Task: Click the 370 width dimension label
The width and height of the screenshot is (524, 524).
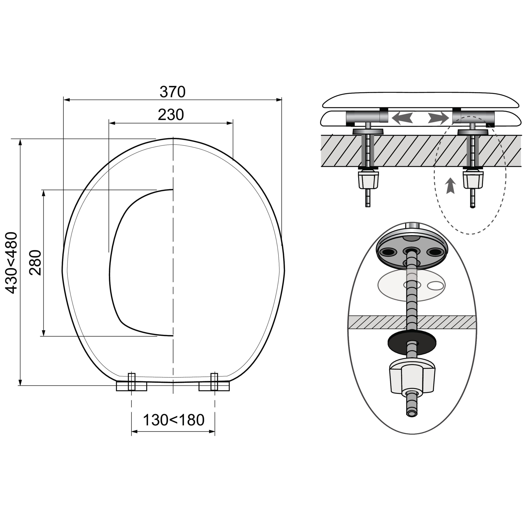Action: (x=173, y=92)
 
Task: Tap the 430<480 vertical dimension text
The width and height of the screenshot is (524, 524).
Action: (x=12, y=263)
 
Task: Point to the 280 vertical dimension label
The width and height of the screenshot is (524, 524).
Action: (x=35, y=263)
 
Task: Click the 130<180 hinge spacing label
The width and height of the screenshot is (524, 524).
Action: (x=174, y=420)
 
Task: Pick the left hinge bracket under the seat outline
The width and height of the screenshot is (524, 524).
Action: (x=132, y=383)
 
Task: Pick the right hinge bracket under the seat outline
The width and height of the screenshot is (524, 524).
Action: (x=214, y=383)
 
